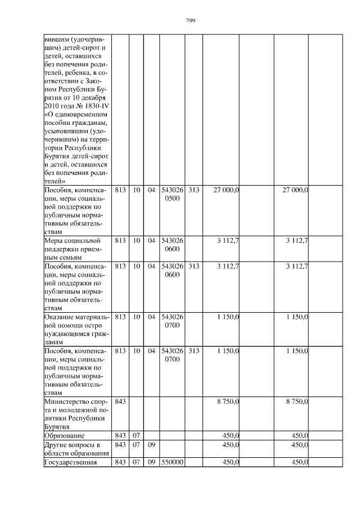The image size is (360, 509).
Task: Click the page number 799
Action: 190,21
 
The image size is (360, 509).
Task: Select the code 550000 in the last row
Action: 172,463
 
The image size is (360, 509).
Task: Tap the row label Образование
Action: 64,436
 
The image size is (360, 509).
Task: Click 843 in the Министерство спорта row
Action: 120,402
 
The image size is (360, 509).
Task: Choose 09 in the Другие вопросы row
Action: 151,445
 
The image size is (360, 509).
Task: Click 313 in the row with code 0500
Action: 193,190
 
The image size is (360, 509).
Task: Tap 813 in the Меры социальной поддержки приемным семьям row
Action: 120,241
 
